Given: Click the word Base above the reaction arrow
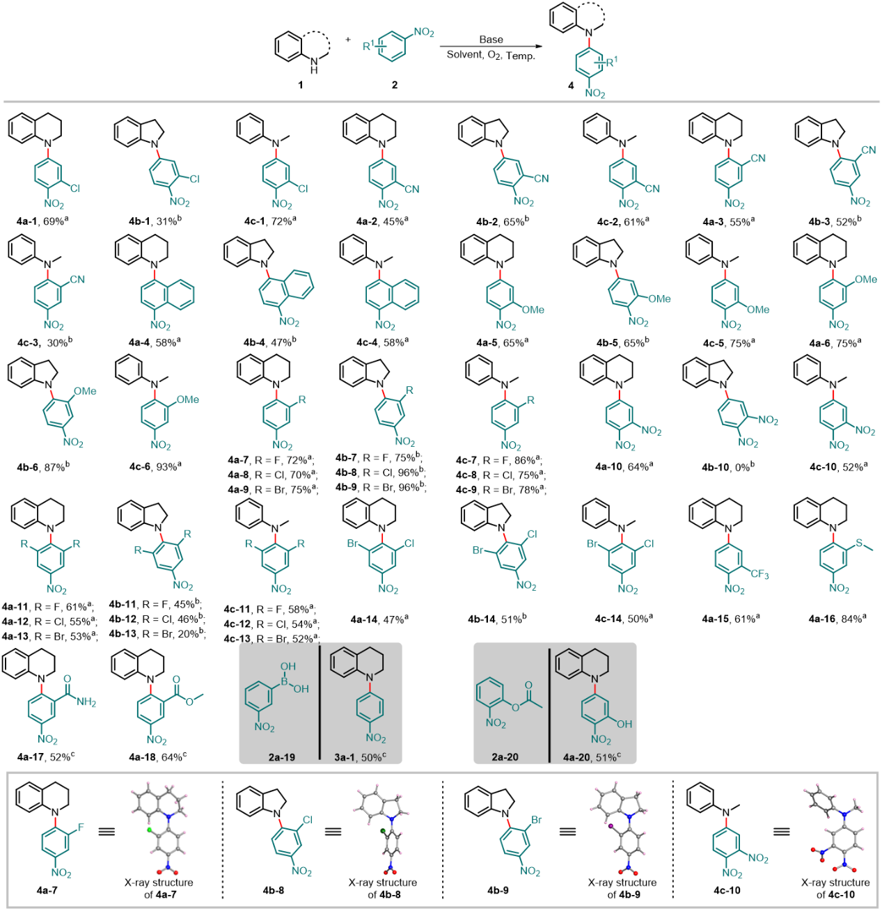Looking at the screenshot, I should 491,40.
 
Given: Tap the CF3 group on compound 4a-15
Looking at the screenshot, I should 759,574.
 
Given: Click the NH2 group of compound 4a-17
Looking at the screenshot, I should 87,702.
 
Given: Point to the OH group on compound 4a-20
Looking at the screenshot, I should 624,724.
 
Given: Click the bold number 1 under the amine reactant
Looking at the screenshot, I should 301,85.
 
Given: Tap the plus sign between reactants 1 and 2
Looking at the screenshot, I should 348,40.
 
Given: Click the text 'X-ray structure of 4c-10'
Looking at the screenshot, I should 835,889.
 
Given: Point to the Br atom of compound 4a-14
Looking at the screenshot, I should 353,544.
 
